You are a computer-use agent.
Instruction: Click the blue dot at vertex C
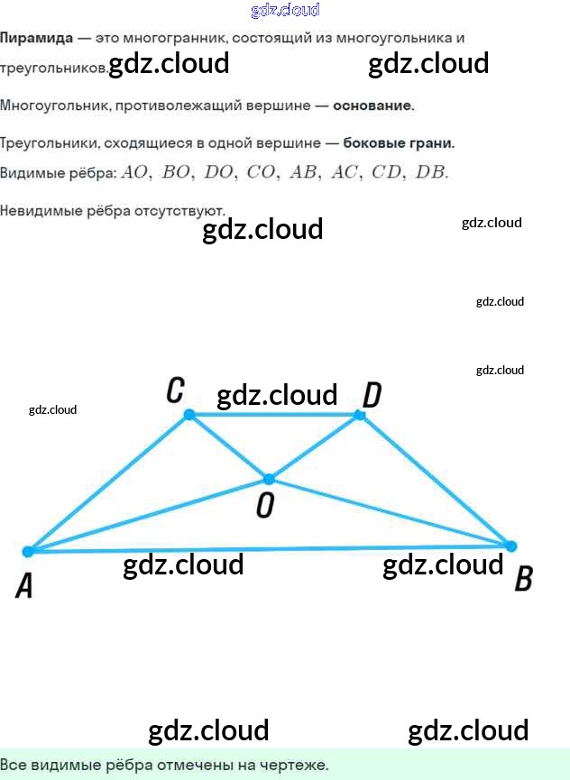point(189,415)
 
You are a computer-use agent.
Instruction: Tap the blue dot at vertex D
point(360,415)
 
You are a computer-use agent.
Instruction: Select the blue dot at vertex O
point(269,479)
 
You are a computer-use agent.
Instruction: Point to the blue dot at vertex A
point(28,551)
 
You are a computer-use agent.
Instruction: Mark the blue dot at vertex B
point(510,546)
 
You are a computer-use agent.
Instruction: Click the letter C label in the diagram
point(176,390)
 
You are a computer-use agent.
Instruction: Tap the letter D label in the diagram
point(372,394)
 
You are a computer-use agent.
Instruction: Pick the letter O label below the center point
point(264,507)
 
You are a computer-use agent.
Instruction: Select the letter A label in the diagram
point(24,586)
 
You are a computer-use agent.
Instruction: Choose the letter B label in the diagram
point(523,579)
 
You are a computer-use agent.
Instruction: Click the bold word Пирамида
point(36,38)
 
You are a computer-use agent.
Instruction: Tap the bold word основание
point(372,106)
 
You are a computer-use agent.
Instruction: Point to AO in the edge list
point(134,172)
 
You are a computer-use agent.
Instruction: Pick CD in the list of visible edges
point(387,172)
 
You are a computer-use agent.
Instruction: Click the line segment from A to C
point(108,483)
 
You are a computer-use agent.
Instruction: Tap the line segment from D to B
point(435,480)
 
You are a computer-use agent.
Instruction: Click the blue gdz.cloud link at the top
point(285,10)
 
